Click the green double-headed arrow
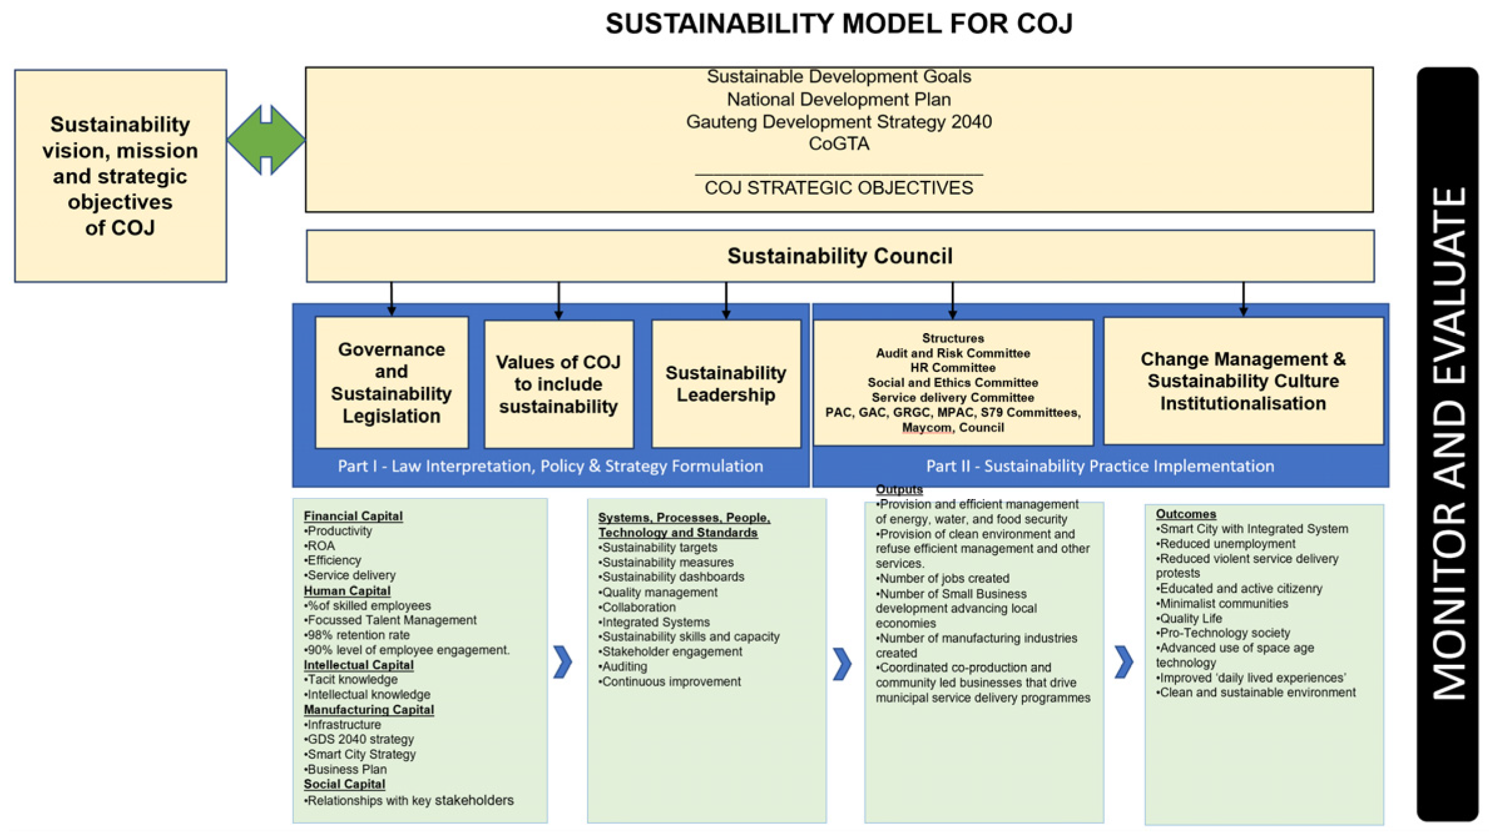[x=266, y=140]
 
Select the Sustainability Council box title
[x=839, y=256]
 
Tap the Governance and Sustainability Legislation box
[x=391, y=383]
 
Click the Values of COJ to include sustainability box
[x=558, y=384]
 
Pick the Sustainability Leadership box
[x=726, y=384]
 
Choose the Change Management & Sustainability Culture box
[x=1242, y=381]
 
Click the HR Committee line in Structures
[x=952, y=367]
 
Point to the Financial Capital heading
[x=353, y=516]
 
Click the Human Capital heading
[x=347, y=590]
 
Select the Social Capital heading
[x=344, y=784]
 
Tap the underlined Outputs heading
[x=899, y=489]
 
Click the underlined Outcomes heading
[x=1185, y=514]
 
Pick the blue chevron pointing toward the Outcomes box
[x=1123, y=662]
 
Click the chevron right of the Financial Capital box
[x=562, y=662]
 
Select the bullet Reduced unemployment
[x=1227, y=543]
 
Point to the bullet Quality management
[x=659, y=592]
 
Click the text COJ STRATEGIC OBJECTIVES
[x=838, y=188]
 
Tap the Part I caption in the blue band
[x=550, y=466]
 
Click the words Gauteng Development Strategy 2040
[x=838, y=121]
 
